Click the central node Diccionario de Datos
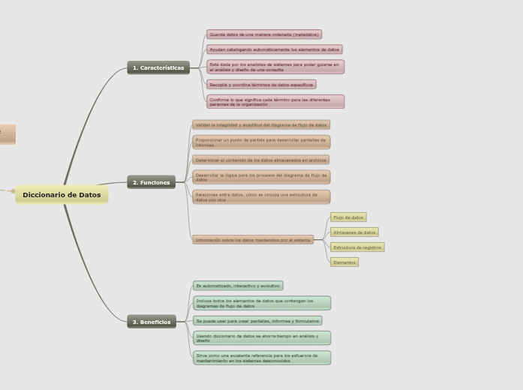pos(62,195)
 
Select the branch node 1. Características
pos(158,68)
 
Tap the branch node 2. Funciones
pos(151,182)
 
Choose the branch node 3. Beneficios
pos(152,322)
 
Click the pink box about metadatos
pos(264,34)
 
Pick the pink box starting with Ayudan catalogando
pos(275,49)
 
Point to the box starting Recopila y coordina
pos(261,85)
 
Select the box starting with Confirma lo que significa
pos(275,101)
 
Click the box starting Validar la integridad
pos(261,124)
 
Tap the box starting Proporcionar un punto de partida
pos(261,142)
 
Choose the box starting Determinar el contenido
pos(261,160)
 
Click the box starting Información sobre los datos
pos(253,240)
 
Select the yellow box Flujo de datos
pos(348,217)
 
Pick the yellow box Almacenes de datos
pos(354,232)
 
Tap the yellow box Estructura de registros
pos(357,247)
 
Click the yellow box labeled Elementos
pos(344,262)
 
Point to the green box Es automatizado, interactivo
pos(238,286)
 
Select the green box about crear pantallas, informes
pos(257,321)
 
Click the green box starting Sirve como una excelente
pos(261,358)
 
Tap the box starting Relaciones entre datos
pos(261,196)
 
